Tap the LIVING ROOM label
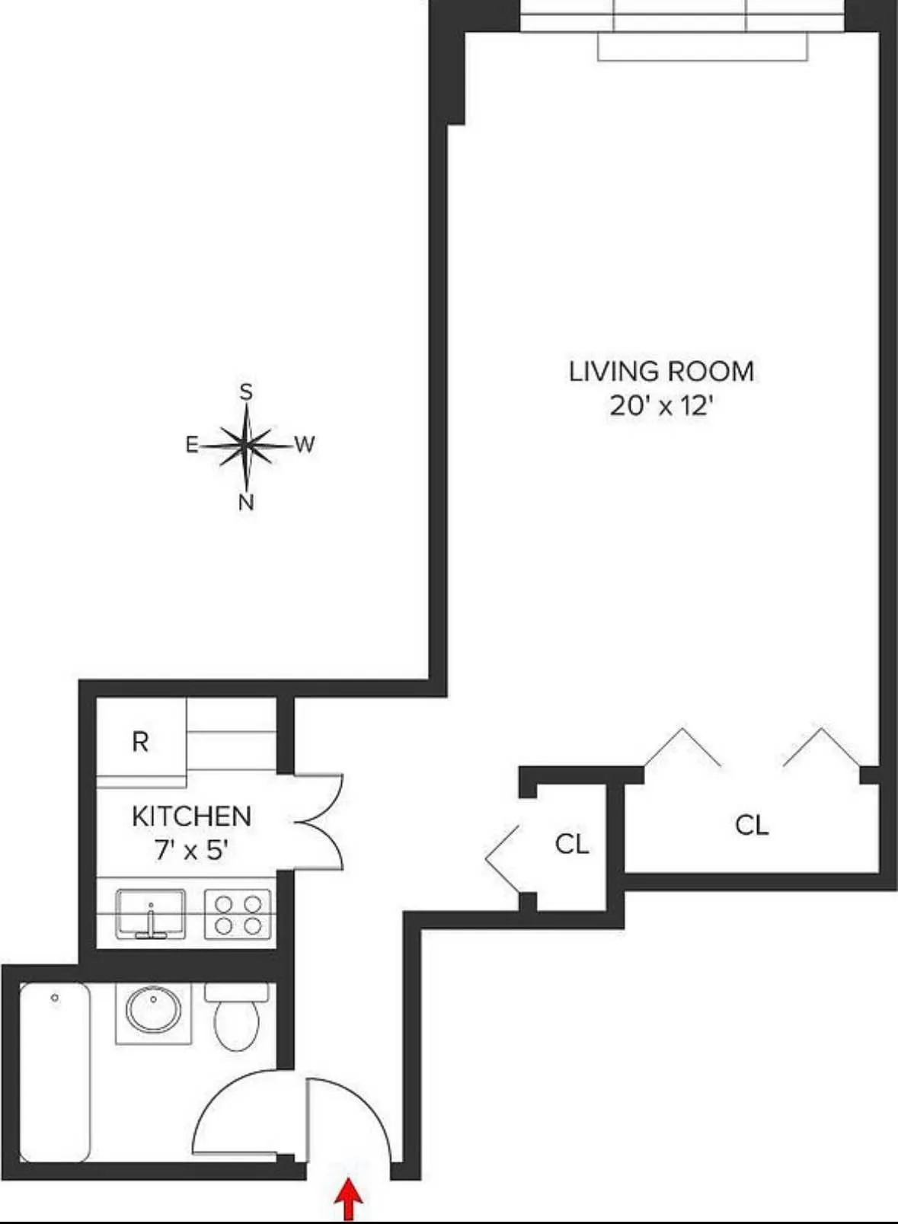661,372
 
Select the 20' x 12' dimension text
661,405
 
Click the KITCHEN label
191,817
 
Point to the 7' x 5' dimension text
191,849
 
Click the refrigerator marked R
140,741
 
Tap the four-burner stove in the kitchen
238,915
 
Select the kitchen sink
151,914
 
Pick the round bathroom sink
153,1009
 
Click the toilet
237,1017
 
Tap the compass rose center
246,445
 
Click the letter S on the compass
246,392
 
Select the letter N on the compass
246,503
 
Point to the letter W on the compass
305,445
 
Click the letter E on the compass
192,445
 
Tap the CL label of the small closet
572,844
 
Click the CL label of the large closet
752,825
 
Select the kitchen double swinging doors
320,822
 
